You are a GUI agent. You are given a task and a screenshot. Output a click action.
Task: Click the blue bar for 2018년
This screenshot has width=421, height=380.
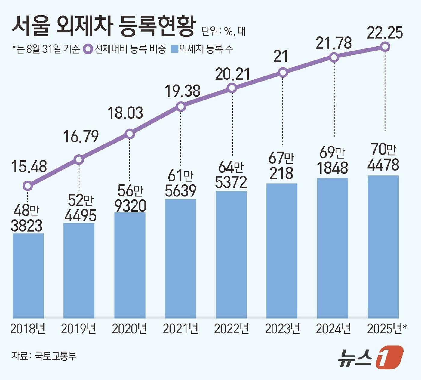coord(28,276)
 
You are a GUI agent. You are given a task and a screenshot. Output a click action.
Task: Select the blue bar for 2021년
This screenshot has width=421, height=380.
coord(180,259)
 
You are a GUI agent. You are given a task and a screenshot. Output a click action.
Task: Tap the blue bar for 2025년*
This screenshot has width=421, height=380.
coord(383,247)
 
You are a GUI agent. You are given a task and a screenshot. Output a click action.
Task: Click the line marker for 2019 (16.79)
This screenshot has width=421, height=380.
coord(79,159)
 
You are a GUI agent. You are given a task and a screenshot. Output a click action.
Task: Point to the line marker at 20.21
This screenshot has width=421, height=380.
coord(232,88)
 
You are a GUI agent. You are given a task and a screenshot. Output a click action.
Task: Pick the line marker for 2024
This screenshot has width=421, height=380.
coord(334,57)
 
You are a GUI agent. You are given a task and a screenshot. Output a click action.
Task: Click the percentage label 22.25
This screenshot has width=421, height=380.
coord(385,33)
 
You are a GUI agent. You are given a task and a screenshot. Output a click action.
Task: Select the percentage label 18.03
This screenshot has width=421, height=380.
coord(125,113)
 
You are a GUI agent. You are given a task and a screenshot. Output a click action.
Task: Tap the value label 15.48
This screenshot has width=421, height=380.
coord(29,167)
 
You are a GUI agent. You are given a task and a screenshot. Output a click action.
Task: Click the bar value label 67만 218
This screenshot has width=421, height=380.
coord(281,166)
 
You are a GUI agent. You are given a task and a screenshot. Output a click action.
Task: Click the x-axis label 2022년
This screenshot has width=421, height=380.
coord(231,329)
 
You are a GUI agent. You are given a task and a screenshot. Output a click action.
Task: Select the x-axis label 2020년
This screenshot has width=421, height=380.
coord(129,329)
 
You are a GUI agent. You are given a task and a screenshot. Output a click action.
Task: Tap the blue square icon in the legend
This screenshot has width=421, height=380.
coord(174,49)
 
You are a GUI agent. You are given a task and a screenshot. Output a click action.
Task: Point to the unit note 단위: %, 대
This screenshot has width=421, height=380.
coord(223,31)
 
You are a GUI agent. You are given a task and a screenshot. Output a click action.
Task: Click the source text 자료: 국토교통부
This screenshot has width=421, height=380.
coord(44,356)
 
